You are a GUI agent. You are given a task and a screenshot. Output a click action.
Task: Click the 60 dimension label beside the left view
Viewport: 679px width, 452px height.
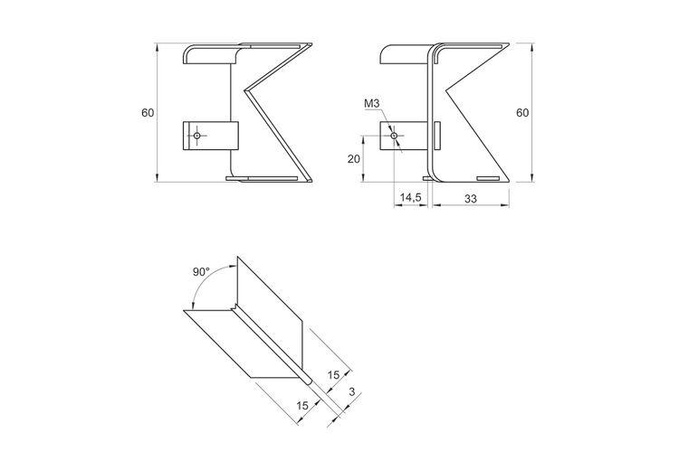148,113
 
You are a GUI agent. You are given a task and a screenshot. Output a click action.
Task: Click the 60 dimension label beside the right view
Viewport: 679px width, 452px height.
522,113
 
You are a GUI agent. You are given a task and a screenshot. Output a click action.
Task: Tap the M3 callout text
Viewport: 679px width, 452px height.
371,103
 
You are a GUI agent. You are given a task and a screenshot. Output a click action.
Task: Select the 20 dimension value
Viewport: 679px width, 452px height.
354,159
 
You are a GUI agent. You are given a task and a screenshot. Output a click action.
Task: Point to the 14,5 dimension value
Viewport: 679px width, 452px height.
410,197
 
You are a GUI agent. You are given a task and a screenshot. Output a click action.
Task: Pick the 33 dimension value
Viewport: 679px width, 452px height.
470,199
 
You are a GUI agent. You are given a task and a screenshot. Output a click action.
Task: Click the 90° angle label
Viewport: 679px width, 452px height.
201,271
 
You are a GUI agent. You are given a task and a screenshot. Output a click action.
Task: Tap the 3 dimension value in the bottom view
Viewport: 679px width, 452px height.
351,392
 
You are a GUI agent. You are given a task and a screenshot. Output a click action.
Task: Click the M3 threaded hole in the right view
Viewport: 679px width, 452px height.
394,136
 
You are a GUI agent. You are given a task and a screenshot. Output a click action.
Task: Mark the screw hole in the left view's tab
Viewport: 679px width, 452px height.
197,136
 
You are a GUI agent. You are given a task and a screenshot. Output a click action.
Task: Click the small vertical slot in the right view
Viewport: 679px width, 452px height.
437,136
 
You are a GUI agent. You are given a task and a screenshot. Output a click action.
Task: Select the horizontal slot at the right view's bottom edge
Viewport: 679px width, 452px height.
488,178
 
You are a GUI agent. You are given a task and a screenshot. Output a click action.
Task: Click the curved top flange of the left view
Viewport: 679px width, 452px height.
212,53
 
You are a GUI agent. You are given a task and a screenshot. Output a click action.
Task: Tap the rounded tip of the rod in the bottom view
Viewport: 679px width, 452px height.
309,381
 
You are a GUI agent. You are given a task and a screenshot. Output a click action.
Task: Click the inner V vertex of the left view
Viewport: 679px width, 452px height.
245,90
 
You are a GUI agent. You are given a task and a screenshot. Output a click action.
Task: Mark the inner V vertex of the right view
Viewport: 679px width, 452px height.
446,90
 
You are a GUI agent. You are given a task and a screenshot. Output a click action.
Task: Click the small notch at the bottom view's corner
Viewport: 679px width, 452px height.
234,307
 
